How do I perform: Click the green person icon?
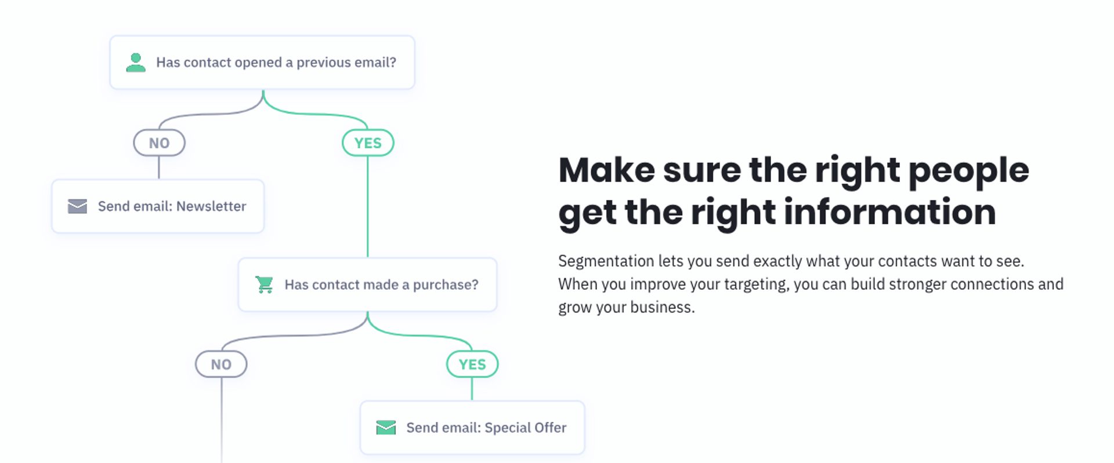136,63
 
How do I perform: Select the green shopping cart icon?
265,285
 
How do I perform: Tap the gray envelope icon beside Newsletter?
77,206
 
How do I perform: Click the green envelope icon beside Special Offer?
386,428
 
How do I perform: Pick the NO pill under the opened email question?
159,143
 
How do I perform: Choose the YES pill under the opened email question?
368,143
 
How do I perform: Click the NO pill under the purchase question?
221,364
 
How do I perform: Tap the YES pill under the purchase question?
472,364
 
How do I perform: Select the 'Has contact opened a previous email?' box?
262,63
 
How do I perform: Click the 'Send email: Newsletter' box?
158,206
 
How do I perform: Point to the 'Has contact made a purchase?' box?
368,285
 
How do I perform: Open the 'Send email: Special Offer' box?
472,428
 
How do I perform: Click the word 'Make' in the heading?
607,170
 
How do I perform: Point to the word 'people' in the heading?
968,172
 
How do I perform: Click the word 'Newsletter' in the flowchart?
211,206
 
